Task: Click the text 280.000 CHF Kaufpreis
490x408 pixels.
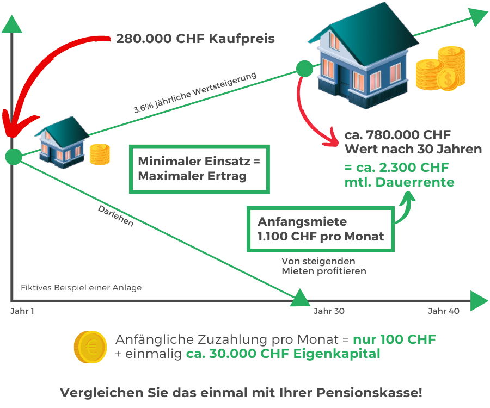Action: (195, 39)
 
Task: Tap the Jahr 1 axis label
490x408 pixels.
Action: (21, 311)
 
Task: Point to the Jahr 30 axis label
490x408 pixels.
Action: (329, 311)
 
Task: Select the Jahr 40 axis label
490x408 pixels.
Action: (444, 311)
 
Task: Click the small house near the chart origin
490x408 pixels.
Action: (61, 140)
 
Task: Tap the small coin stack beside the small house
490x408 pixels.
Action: (100, 154)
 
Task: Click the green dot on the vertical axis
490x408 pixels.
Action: (13, 157)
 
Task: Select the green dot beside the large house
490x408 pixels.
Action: (304, 69)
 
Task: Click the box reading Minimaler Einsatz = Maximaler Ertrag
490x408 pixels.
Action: (199, 169)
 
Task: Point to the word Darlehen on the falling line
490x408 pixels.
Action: (115, 216)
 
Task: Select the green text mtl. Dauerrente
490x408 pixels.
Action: (399, 183)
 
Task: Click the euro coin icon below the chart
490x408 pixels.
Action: (90, 347)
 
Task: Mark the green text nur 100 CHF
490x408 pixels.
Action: (395, 340)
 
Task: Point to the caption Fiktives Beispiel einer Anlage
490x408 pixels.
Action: (81, 287)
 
